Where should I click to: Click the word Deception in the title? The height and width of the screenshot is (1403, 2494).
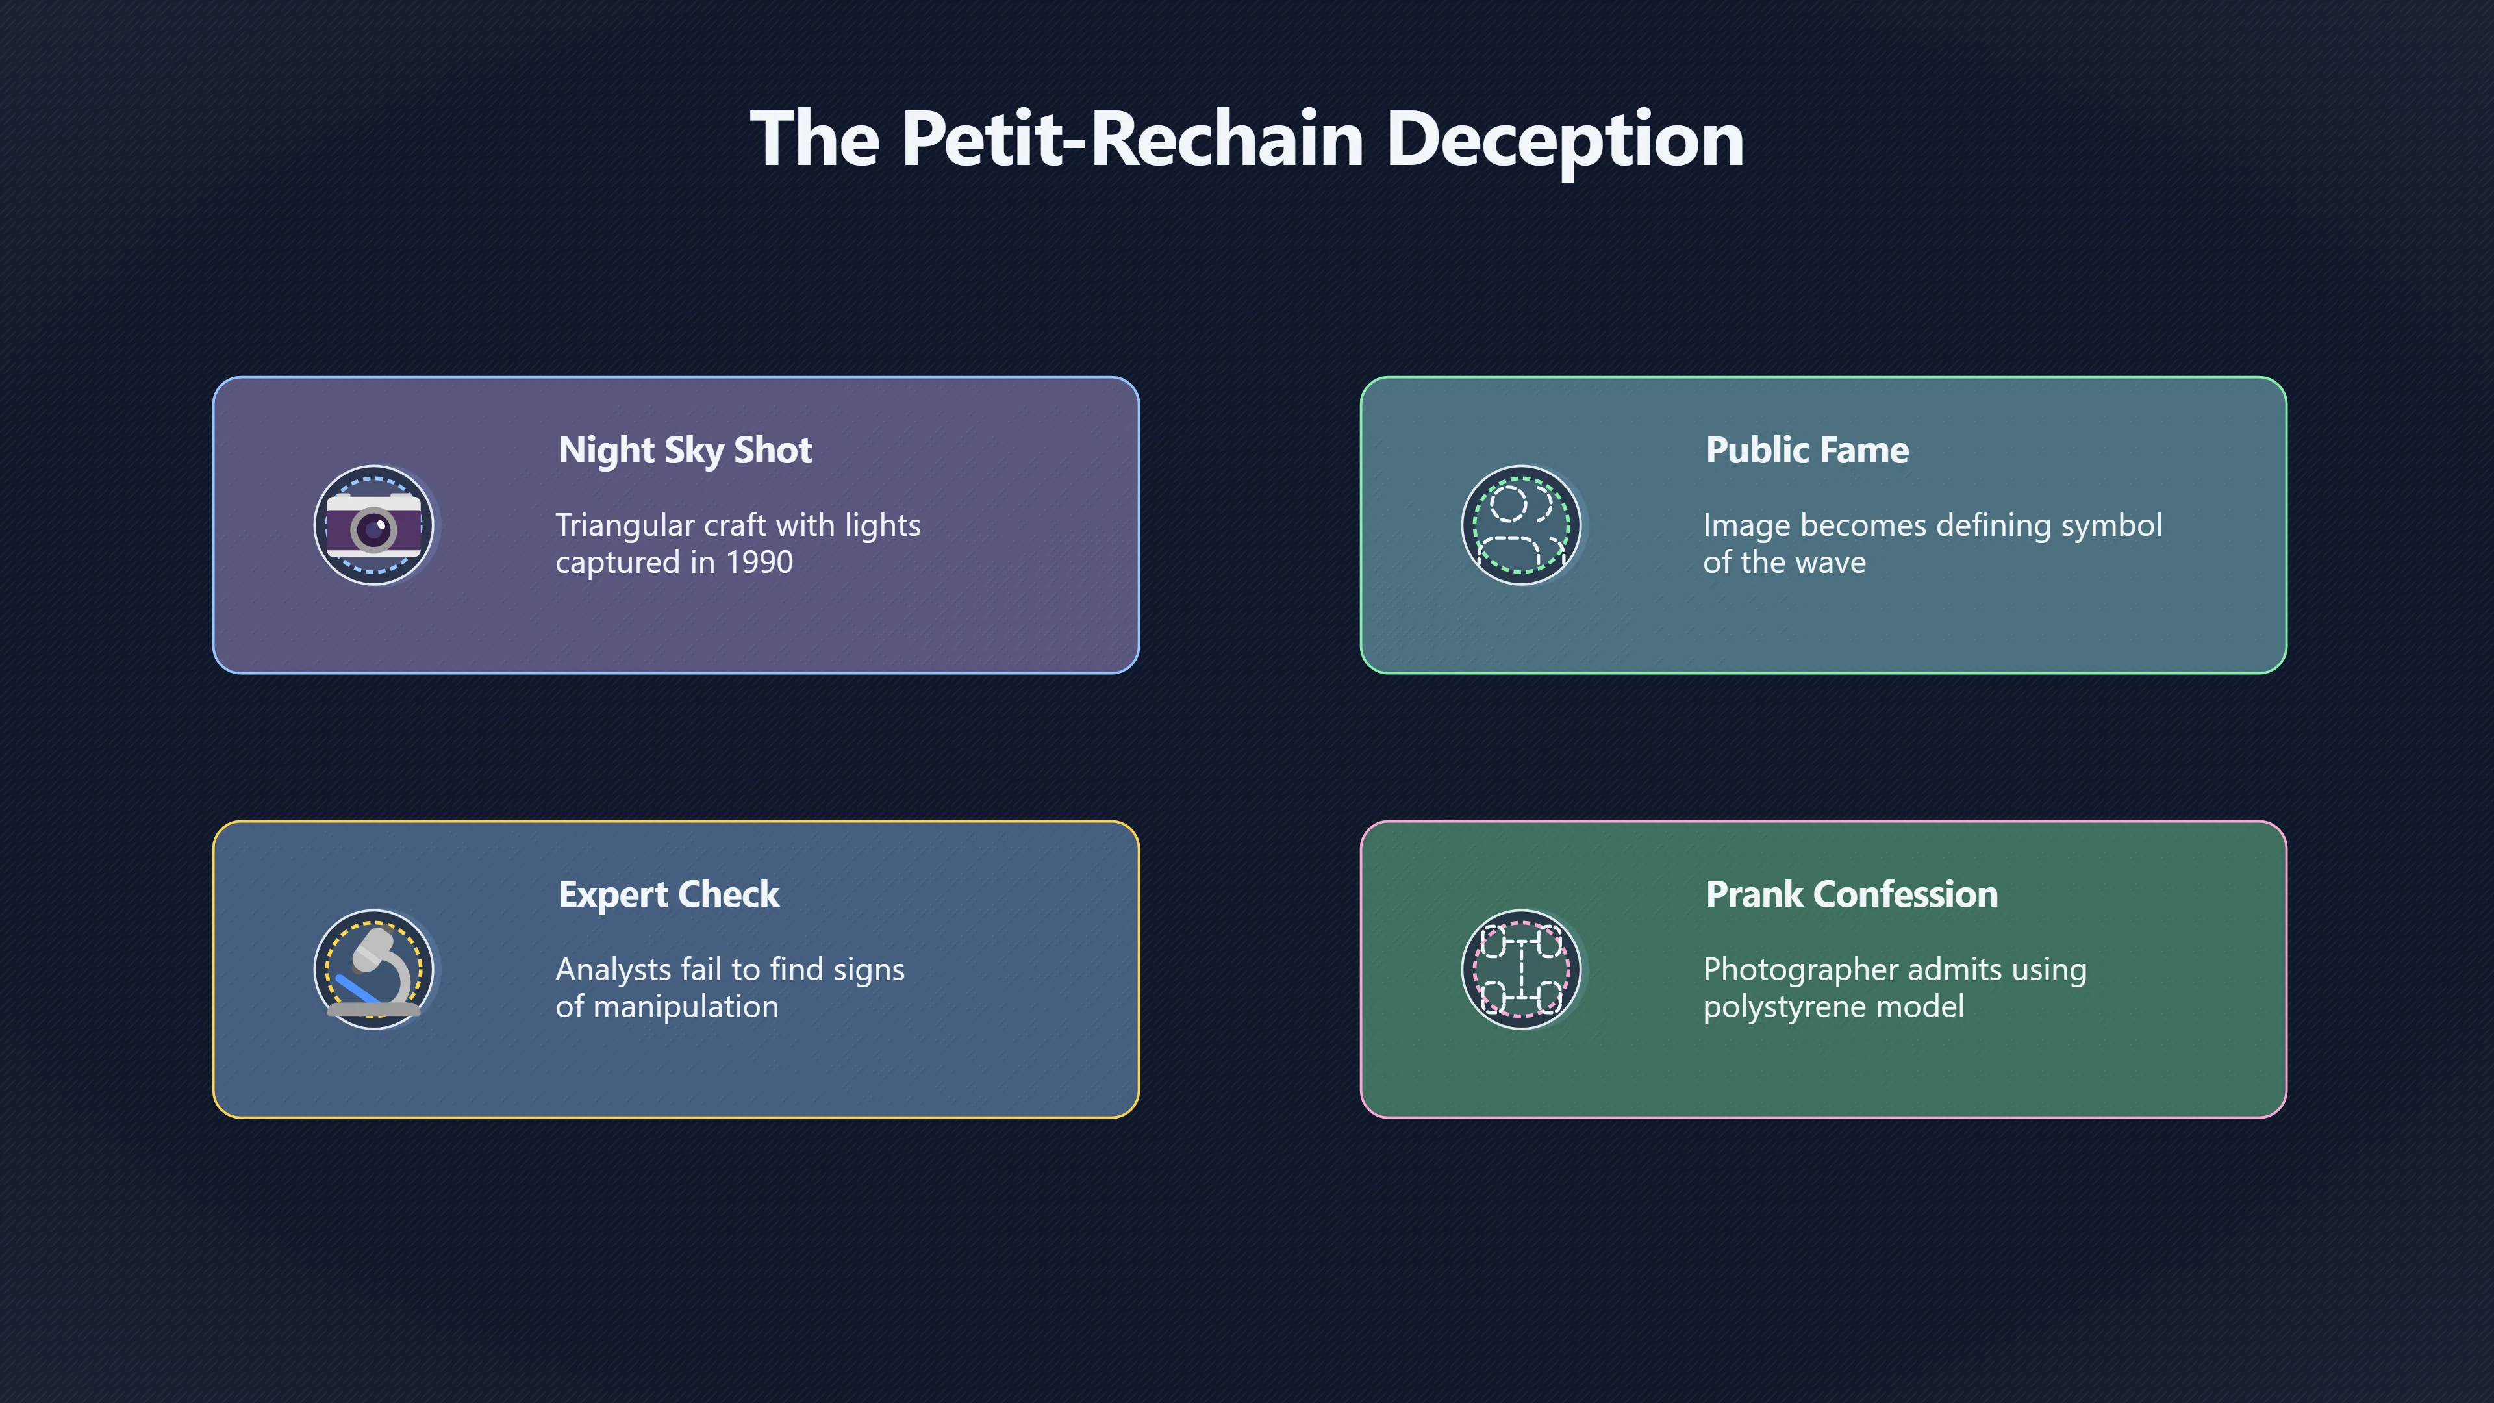click(1565, 140)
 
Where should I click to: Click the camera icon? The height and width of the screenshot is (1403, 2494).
click(373, 525)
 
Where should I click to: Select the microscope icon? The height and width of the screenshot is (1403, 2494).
click(373, 969)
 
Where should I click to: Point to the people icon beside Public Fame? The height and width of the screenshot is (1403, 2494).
click(1521, 525)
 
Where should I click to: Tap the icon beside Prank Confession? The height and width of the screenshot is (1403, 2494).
click(1521, 969)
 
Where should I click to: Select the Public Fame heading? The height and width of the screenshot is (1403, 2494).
click(1808, 450)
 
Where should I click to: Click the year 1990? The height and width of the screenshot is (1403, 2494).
click(759, 562)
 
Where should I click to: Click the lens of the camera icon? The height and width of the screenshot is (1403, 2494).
click(373, 529)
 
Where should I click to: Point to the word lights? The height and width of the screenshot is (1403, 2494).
click(882, 525)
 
